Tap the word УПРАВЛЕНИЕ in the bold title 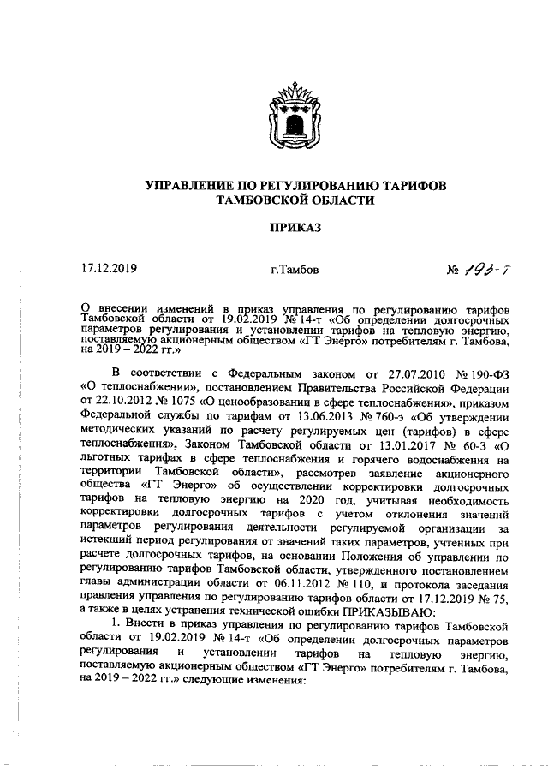tap(188, 186)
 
